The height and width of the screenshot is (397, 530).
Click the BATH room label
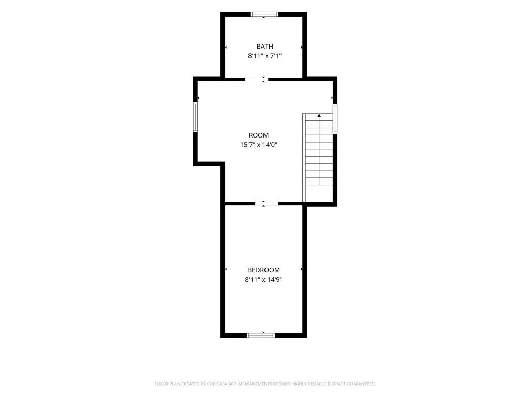point(264,47)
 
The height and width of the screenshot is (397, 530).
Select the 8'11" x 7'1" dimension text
point(264,56)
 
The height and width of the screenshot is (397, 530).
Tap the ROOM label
point(259,135)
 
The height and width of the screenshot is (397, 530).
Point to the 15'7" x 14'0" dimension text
point(259,145)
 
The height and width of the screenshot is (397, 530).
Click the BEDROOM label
point(263,270)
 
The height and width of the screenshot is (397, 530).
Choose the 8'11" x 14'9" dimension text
point(263,280)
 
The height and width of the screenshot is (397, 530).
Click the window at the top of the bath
point(264,14)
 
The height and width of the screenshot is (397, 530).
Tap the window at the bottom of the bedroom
point(261,335)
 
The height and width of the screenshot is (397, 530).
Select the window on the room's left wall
point(195,117)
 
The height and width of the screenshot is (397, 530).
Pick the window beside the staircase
point(335,119)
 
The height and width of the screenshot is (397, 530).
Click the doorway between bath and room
point(257,79)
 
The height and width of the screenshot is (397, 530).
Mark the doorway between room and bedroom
point(267,204)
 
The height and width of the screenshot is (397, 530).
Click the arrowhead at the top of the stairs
point(319,115)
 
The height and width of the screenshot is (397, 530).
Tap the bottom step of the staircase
point(319,181)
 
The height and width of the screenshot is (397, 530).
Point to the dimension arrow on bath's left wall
point(226,47)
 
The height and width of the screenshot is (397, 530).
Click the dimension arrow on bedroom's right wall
point(302,269)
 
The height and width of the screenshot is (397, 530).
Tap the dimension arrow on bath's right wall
point(302,47)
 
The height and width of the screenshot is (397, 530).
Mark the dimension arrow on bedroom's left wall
point(226,269)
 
